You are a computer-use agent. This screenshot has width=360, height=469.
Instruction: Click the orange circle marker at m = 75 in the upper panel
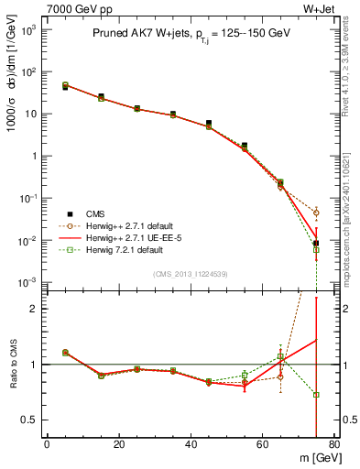316,213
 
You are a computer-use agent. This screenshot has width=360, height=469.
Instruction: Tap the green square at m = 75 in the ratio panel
316,395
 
